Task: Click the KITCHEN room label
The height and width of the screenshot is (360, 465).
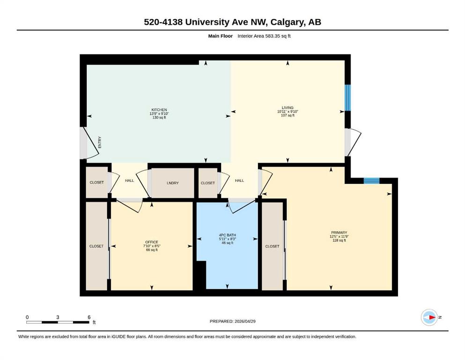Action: coord(159,110)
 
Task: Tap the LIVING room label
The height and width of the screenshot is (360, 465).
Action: coord(288,108)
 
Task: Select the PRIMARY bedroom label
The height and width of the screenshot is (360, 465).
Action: coord(339,232)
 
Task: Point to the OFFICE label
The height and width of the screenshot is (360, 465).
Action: coord(152,242)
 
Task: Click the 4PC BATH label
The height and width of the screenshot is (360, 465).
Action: coord(228,235)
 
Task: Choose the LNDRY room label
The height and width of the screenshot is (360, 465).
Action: coord(173,183)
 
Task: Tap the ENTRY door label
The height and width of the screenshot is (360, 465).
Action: coord(100,142)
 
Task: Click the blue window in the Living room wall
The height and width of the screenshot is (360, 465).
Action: coord(347,97)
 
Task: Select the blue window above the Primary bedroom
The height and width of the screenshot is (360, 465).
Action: coord(372,181)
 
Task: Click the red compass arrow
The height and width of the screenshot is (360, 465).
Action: coord(432,317)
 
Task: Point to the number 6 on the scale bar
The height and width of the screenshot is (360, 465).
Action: coord(89,317)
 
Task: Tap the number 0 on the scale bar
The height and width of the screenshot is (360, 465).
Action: coord(27,317)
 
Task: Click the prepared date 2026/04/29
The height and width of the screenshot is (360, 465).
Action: coord(245,321)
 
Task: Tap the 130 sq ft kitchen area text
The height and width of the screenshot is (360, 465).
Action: coord(159,118)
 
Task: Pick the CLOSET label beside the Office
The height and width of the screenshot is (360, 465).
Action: coord(96,247)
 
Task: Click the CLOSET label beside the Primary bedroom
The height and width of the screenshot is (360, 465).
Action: coord(272,247)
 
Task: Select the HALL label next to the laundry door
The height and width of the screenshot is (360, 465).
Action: coord(129,180)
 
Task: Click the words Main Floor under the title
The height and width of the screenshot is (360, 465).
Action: coord(221,36)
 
